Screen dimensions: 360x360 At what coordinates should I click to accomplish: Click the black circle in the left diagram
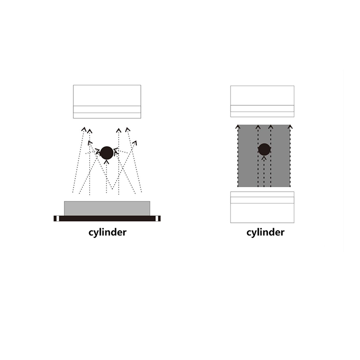[x=107, y=153]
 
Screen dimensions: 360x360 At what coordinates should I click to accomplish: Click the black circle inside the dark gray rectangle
[x=264, y=149]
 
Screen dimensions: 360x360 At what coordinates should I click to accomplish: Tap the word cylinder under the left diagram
[x=108, y=232]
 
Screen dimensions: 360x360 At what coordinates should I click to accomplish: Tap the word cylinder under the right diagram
[x=265, y=232]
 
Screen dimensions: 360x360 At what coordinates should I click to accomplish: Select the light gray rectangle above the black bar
[x=107, y=208]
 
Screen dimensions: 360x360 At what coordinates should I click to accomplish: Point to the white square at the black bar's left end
[x=58, y=219]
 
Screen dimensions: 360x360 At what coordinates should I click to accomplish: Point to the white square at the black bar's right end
[x=157, y=219]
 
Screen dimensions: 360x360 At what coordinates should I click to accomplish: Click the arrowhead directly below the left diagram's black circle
[x=106, y=162]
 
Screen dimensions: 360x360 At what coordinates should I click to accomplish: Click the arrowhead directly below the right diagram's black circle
[x=264, y=158]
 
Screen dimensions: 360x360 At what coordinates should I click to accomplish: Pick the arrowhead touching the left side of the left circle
[x=97, y=152]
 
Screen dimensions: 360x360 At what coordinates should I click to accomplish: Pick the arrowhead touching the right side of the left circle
[x=117, y=151]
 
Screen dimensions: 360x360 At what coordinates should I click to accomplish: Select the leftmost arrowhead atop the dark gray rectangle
[x=238, y=127]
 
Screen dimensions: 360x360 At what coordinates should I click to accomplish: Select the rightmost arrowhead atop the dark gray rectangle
[x=290, y=127]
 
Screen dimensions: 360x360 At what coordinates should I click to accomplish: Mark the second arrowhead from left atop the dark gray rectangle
[x=258, y=127]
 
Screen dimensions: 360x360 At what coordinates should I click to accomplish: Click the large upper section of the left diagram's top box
[x=107, y=95]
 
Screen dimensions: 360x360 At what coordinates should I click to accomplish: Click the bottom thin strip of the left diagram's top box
[x=107, y=116]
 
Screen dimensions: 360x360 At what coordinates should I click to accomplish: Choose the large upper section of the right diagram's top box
[x=262, y=95]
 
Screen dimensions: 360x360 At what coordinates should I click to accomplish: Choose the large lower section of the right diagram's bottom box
[x=262, y=213]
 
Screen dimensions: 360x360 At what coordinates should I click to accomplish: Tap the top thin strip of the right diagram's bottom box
[x=262, y=194]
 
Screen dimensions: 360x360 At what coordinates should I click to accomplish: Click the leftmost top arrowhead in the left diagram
[x=84, y=129]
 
